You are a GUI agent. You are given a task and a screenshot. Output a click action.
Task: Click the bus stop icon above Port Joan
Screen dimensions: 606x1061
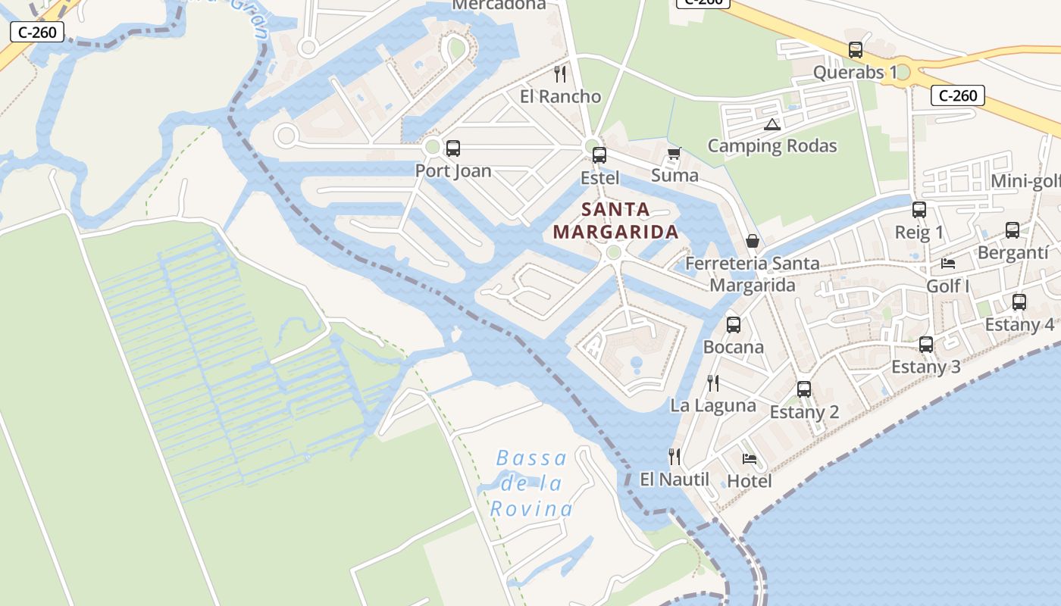coord(453,148)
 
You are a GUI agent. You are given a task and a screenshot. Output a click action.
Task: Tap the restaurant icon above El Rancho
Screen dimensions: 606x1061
coord(560,73)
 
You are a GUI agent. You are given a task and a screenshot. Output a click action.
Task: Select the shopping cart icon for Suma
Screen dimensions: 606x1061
coord(674,154)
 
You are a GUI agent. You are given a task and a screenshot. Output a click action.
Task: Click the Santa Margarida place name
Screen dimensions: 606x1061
coord(615,220)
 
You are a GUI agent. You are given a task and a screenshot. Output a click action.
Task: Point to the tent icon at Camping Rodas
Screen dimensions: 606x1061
coord(772,125)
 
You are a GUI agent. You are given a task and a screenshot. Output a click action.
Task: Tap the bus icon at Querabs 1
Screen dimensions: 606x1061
coord(856,50)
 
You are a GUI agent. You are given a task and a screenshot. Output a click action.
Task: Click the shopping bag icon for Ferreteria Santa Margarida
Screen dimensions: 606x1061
coord(753,241)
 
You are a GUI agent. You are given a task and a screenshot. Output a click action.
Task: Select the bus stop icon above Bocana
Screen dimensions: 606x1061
coord(733,325)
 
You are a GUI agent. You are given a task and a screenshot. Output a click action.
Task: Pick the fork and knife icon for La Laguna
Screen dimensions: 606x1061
coord(712,383)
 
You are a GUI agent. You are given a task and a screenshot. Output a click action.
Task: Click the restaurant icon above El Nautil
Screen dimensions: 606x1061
coord(674,456)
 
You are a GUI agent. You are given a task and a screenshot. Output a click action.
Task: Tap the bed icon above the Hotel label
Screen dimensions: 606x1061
coord(750,458)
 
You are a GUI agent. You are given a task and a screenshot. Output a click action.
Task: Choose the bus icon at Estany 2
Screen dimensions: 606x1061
coord(804,389)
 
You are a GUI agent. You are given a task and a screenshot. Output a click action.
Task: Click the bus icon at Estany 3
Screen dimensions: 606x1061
coord(925,345)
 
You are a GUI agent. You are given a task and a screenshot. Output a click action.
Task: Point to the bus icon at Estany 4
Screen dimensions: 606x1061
coord(1019,302)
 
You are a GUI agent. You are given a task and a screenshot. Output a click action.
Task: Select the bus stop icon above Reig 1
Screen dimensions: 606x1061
coord(919,210)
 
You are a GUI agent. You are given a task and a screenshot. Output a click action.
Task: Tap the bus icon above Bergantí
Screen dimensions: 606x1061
coord(1012,230)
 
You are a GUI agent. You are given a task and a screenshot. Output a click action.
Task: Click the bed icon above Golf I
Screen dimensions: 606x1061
coord(948,264)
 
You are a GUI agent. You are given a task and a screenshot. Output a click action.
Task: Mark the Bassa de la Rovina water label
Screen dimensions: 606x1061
coord(531,483)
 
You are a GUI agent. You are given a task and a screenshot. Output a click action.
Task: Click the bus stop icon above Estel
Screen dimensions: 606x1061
coord(599,155)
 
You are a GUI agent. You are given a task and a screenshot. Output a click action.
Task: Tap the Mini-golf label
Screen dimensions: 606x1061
coord(1025,181)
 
